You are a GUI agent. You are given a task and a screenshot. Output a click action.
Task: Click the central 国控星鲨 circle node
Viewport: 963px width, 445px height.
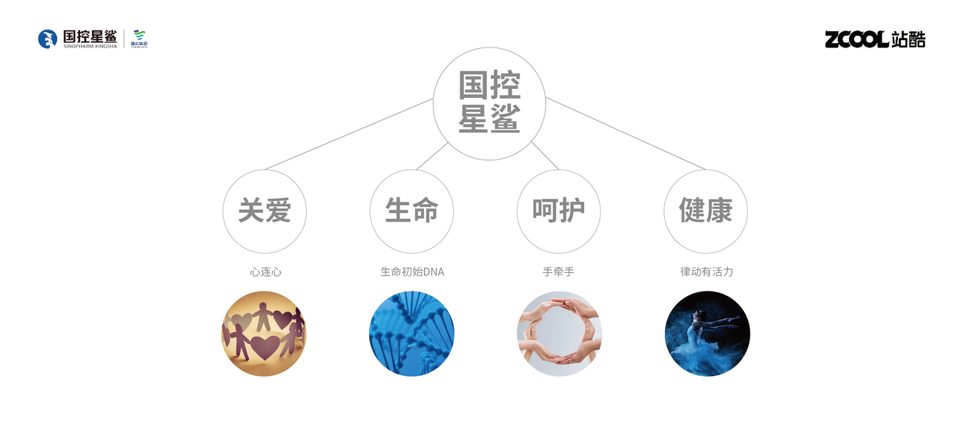[489, 105]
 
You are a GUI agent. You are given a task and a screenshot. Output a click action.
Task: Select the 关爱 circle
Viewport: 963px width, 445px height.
[265, 211]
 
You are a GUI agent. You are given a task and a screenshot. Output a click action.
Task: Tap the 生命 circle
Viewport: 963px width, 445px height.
[411, 211]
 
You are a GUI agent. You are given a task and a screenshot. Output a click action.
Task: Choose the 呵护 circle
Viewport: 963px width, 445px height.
[558, 211]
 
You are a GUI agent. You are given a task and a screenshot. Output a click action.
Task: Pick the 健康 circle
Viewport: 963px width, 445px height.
[705, 211]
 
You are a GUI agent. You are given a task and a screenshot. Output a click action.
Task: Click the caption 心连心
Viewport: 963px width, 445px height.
[265, 272]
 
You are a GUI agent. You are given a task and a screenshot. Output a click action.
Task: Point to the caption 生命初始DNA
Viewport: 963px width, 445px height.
[412, 272]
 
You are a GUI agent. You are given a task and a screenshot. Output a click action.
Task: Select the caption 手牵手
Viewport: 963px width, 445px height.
[558, 272]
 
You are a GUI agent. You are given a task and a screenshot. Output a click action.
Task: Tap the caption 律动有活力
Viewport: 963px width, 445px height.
[706, 272]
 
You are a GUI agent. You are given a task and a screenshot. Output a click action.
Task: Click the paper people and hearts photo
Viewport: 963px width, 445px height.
[264, 333]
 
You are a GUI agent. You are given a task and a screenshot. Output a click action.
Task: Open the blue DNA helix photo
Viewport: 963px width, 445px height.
[411, 333]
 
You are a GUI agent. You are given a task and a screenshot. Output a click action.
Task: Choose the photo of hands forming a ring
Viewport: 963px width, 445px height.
[559, 333]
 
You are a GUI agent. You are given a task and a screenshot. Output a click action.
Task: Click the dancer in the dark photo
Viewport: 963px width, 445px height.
[706, 333]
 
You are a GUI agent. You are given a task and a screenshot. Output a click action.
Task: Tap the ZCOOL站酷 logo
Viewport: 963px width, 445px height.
[875, 39]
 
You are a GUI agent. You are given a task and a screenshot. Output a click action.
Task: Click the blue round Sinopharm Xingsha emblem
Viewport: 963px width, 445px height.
[47, 39]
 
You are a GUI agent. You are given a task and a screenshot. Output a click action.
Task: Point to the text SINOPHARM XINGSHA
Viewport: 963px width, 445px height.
[90, 47]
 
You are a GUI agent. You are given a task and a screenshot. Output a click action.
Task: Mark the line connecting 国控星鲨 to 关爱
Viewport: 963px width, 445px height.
[348, 132]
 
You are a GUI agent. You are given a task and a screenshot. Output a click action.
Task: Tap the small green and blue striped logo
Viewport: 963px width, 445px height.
[139, 39]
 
